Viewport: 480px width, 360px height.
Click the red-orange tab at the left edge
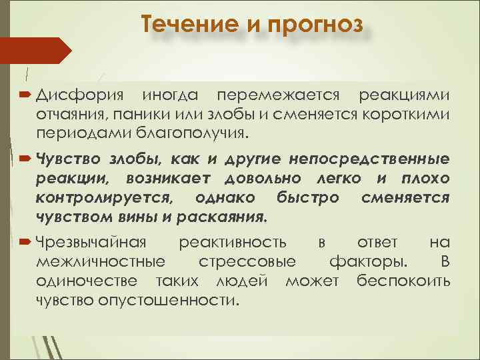click(33, 51)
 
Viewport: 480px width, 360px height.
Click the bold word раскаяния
click(225, 217)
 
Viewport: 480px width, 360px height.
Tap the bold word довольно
click(262, 179)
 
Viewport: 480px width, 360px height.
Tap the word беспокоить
click(403, 280)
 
